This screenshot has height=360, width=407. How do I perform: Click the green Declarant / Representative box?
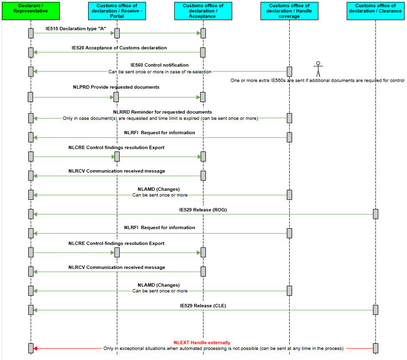31,11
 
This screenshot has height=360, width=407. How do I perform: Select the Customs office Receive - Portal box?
117,11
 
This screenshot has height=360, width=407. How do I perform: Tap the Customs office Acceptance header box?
203,11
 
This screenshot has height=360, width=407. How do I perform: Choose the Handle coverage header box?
289,11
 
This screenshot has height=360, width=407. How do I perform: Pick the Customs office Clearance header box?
375,11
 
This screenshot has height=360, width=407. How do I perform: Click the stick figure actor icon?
318,69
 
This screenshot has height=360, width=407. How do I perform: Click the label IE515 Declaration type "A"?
76,29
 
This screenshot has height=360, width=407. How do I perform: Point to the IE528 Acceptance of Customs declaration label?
119,48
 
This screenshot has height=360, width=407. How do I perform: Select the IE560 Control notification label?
159,65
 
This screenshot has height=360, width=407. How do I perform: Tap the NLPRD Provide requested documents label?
116,87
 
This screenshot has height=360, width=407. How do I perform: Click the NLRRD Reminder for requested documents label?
162,112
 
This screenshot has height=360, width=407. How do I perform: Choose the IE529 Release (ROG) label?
203,210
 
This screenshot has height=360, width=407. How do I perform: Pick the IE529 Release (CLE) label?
203,306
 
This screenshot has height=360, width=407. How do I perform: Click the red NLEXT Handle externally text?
202,343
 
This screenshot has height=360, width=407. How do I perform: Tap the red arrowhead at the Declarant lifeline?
35,348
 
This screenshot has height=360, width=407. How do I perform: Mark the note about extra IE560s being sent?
317,81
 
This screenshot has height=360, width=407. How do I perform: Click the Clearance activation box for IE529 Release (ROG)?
375,214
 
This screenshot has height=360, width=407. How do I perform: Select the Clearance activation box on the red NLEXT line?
375,348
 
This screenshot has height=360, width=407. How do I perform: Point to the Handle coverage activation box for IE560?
289,71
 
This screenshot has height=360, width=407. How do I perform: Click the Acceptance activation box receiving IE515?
203,33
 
